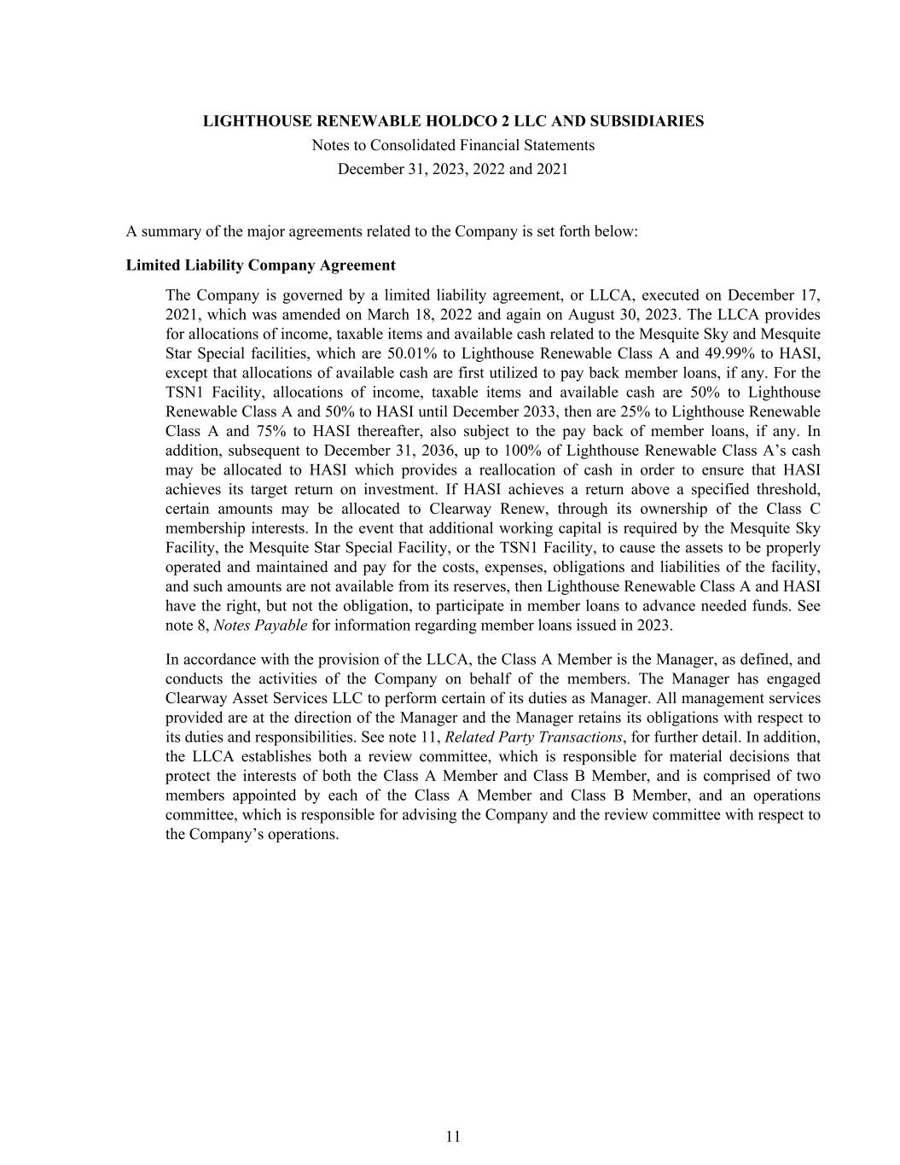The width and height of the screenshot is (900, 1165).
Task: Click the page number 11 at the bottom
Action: (x=453, y=1136)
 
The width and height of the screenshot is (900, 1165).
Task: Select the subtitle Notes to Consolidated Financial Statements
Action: (x=453, y=145)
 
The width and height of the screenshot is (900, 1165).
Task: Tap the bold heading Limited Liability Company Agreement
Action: (x=260, y=265)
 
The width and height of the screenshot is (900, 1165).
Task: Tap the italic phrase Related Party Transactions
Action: (x=533, y=737)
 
